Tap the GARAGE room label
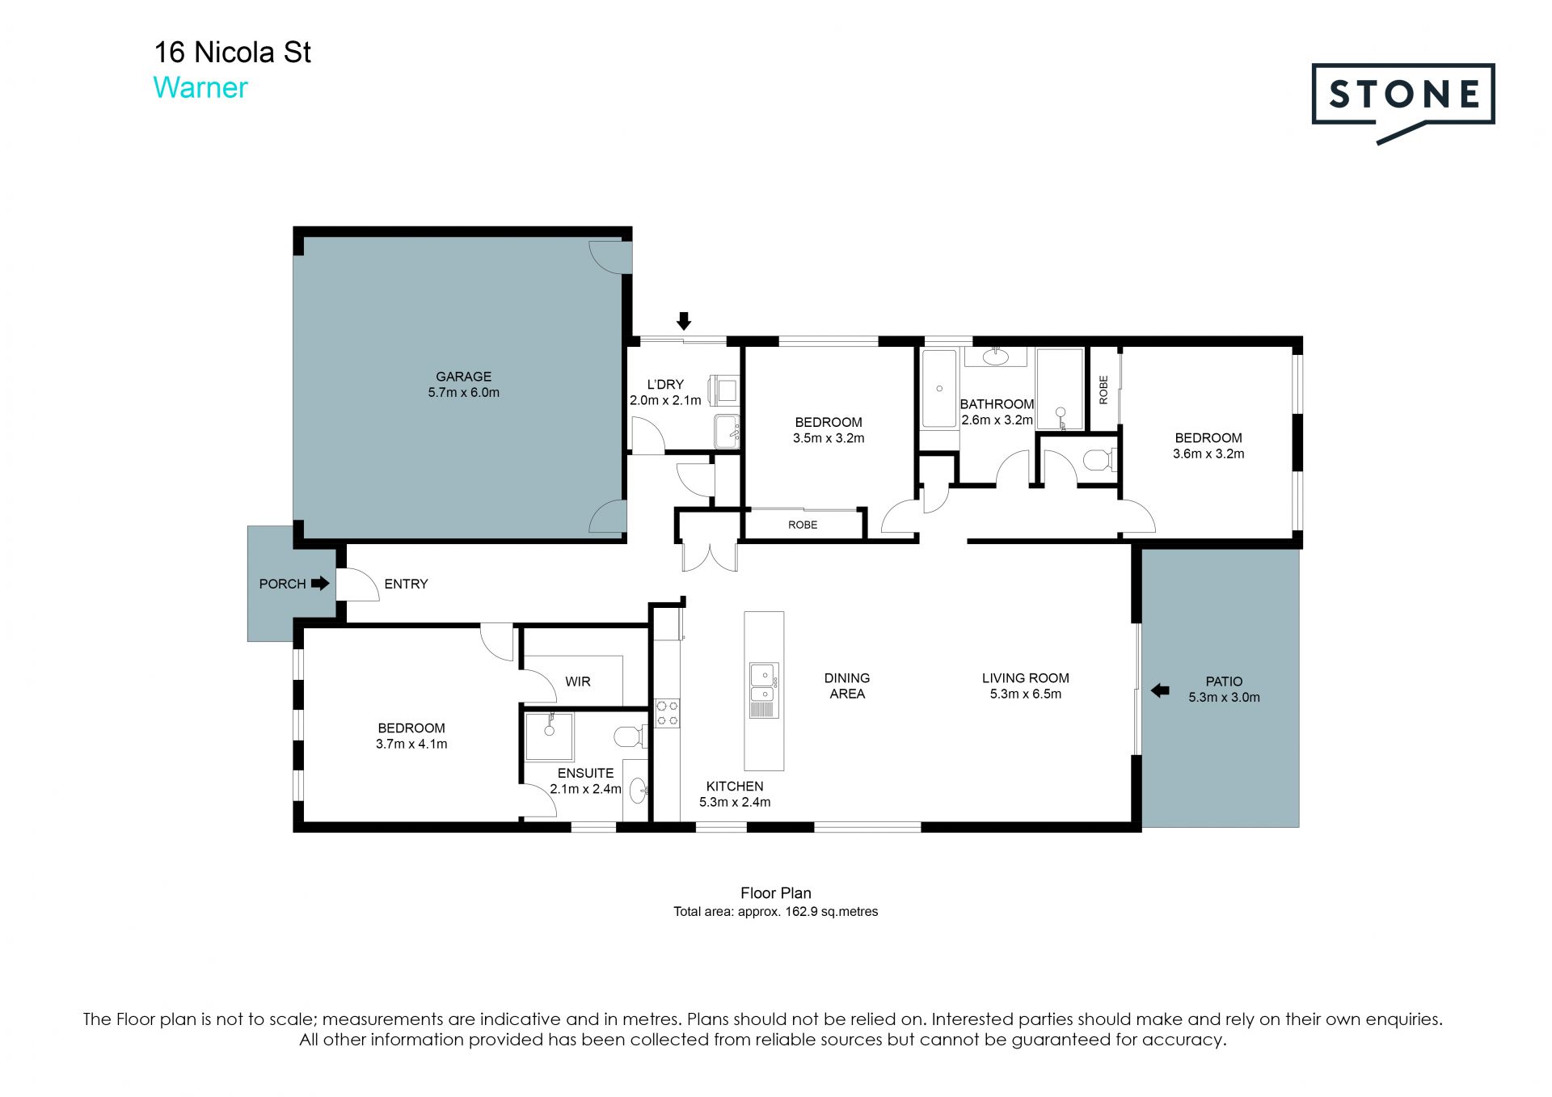pos(463,377)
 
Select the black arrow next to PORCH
pos(320,583)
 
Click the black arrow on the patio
pos(1160,690)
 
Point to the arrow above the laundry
pos(684,321)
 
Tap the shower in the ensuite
pos(549,736)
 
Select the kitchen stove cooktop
pos(667,712)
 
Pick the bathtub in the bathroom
pos(939,389)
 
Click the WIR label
pos(578,681)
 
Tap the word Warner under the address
pos(200,87)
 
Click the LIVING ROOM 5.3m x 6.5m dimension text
pos(1026,694)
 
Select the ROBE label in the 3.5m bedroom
pos(803,525)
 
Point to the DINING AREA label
pos(847,686)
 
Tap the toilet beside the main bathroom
pos(1099,460)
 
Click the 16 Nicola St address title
pos(232,53)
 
